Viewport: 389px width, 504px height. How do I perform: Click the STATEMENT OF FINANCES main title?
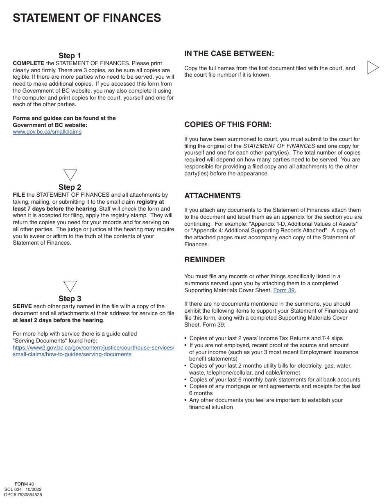click(87, 18)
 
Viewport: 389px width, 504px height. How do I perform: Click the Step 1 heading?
click(70, 56)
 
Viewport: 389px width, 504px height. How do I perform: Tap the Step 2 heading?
click(70, 188)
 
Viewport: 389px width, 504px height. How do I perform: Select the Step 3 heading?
click(70, 299)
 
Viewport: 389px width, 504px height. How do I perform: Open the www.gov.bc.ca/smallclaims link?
click(47, 132)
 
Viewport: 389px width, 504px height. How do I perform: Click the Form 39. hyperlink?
click(285, 290)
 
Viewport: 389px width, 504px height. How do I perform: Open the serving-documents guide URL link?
click(93, 351)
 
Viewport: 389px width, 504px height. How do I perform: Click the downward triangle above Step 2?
click(70, 175)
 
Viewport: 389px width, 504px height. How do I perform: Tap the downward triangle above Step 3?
click(70, 286)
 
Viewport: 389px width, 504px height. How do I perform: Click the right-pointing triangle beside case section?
click(372, 67)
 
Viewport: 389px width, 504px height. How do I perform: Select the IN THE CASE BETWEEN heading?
click(229, 54)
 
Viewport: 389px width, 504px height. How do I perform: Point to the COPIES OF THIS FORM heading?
click(228, 125)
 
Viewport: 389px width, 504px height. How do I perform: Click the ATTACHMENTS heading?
click(212, 196)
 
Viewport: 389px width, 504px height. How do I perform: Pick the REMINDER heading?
click(204, 260)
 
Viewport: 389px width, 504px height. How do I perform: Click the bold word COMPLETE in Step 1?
click(29, 64)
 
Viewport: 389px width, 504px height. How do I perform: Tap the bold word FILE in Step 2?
click(19, 195)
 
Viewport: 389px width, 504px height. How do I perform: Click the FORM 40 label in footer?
click(24, 484)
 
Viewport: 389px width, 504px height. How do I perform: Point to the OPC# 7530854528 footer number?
click(23, 495)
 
